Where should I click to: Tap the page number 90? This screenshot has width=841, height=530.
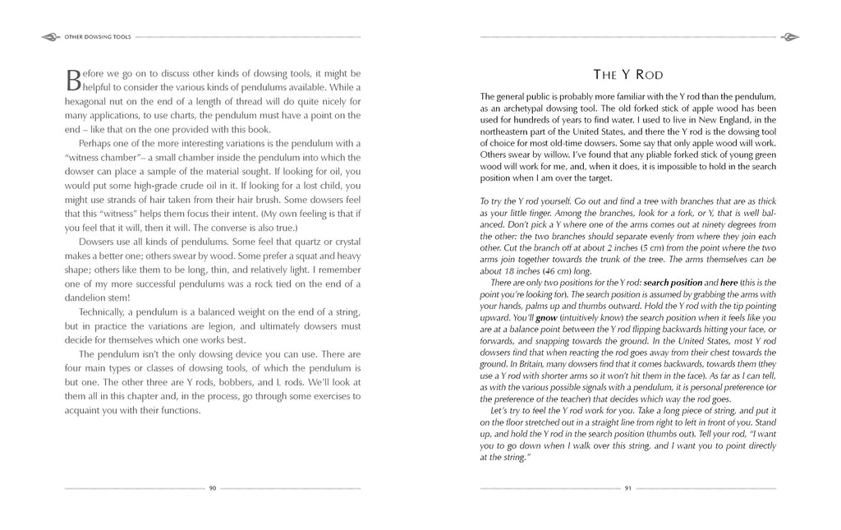pos(212,488)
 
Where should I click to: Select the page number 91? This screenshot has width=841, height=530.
pos(628,488)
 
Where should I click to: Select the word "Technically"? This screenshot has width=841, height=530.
pos(104,312)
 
